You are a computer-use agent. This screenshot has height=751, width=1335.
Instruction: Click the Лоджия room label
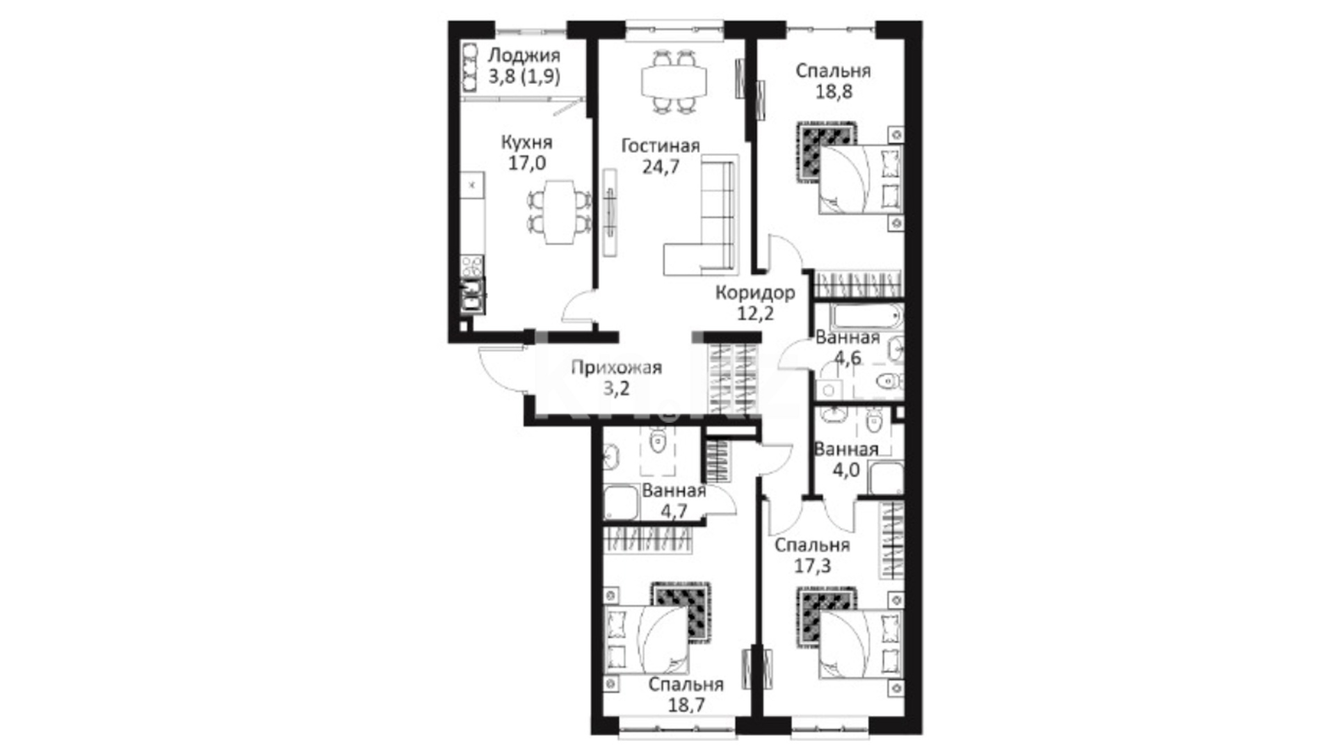pos(524,56)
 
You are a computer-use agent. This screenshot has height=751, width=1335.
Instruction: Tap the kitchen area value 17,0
pos(527,163)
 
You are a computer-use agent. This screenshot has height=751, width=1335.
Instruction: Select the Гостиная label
pos(660,146)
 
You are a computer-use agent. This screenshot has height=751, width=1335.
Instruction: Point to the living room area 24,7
pos(661,167)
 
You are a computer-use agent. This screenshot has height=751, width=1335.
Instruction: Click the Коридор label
pos(755,293)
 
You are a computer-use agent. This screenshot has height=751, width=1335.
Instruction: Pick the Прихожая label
pos(616,367)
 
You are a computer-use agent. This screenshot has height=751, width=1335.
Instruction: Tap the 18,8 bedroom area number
pos(834,92)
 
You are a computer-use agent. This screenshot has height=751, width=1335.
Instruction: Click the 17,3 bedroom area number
pos(812,567)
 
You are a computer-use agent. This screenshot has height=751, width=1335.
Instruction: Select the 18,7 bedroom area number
pos(686,705)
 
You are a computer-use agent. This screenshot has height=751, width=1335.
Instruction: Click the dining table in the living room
pos(674,81)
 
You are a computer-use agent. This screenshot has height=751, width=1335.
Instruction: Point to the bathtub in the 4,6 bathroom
pos(866,317)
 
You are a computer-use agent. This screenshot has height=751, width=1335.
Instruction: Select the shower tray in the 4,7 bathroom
pos(621,502)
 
